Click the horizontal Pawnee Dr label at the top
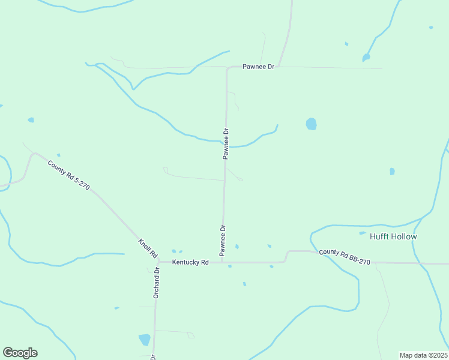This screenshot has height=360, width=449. click(x=258, y=67)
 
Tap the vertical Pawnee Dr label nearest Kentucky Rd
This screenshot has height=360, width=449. click(x=222, y=238)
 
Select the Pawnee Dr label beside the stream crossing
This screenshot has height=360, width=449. click(x=226, y=143)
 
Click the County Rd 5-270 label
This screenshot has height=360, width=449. click(x=69, y=175)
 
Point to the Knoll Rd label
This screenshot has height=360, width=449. click(x=148, y=248)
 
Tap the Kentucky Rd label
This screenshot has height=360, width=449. click(x=190, y=262)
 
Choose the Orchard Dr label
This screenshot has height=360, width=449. click(x=156, y=283)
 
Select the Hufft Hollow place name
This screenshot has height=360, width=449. click(x=393, y=236)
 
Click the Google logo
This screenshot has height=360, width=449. click(x=20, y=353)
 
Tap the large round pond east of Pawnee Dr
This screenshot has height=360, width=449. click(x=311, y=124)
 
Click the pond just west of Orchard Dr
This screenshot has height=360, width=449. click(x=145, y=340)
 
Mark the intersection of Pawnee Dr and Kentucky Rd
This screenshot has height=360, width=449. click(x=222, y=262)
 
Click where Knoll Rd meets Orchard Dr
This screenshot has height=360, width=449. click(x=157, y=262)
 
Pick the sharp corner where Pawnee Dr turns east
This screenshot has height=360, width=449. click(x=228, y=69)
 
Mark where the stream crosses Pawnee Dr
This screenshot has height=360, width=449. click(x=226, y=146)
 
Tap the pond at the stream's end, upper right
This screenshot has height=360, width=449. click(x=366, y=58)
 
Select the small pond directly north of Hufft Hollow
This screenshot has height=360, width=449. click(x=392, y=172)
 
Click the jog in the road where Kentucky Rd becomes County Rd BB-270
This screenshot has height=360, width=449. click(x=287, y=256)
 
